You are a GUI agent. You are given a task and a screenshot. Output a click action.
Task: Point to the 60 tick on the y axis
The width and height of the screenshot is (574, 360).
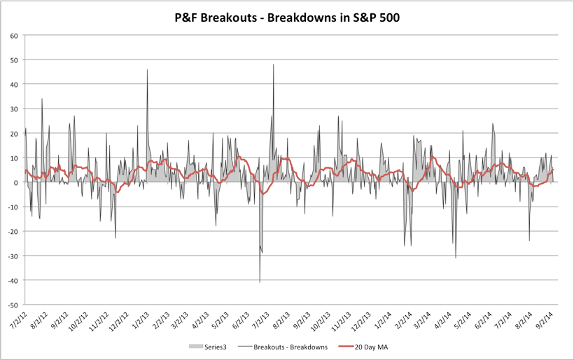pyautogui.click(x=13, y=35)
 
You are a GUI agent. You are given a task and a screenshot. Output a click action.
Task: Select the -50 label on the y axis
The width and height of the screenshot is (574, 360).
pyautogui.click(x=11, y=305)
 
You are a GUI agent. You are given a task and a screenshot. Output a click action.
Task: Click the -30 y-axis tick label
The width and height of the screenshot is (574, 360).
pyautogui.click(x=11, y=256)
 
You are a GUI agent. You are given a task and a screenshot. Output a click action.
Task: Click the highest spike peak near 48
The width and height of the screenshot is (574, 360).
pyautogui.click(x=273, y=65)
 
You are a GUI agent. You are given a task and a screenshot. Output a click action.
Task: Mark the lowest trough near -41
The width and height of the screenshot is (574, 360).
pyautogui.click(x=260, y=282)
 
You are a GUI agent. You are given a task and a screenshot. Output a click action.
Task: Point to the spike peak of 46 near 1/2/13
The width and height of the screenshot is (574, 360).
pyautogui.click(x=147, y=70)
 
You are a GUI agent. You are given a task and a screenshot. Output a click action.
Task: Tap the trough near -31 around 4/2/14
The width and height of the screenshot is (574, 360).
pyautogui.click(x=456, y=258)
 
